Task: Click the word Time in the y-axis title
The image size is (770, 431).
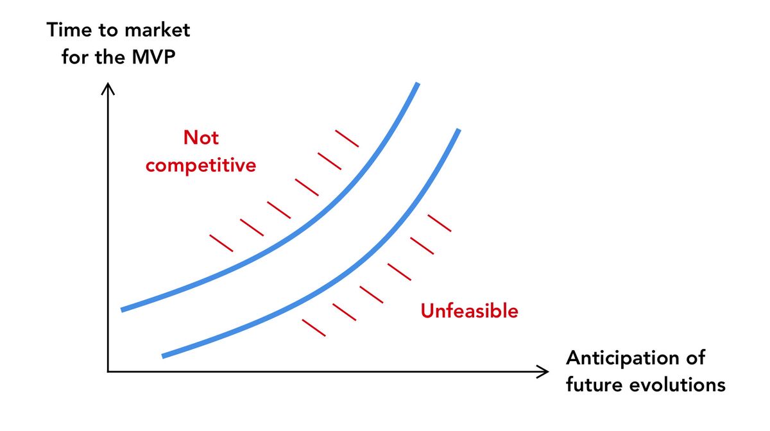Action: [x=69, y=30]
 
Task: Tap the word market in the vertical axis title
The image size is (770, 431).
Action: [x=157, y=30]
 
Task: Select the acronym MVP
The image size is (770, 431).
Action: [x=153, y=56]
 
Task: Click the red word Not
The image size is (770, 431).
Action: [x=201, y=137]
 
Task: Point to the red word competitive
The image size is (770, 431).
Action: [x=201, y=165]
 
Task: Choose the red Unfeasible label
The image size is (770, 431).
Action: [x=469, y=310]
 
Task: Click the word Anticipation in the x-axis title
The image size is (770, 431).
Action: [x=622, y=358]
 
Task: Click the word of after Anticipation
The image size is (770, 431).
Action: [x=696, y=357]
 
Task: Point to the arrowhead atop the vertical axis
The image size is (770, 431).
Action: [x=108, y=88]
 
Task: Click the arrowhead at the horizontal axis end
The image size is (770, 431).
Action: [x=543, y=371]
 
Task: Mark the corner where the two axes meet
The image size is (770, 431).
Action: [x=108, y=371]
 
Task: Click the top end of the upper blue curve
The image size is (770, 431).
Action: [x=418, y=83]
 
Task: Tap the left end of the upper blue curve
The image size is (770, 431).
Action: [x=122, y=310]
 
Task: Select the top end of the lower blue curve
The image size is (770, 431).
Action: [x=459, y=130]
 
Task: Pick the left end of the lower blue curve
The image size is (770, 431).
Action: [x=162, y=356]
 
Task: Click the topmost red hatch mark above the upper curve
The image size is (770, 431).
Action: [x=347, y=139]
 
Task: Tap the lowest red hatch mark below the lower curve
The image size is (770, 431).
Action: [x=314, y=328]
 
